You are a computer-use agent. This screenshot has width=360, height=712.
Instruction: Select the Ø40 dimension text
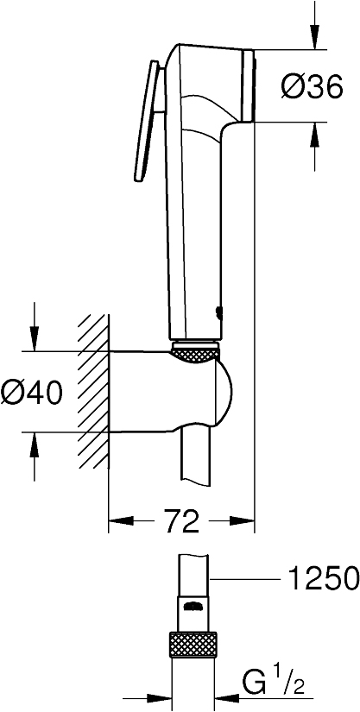[33, 392]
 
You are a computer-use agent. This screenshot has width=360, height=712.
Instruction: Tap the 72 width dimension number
[180, 521]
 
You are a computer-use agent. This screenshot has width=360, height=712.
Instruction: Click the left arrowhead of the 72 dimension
[117, 521]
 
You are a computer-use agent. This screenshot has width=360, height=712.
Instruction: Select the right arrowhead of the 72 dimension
[245, 521]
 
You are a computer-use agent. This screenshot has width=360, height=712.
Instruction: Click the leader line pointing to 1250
[250, 578]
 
